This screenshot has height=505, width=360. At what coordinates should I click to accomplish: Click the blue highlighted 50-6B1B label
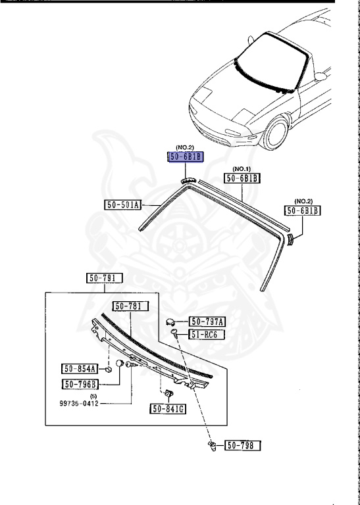coord(186,157)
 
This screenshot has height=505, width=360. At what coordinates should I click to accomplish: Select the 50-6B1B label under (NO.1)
coord(243,178)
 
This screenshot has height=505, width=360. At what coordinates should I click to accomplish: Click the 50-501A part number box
coord(123,205)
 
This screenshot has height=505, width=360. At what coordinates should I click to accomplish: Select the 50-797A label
coord(207,322)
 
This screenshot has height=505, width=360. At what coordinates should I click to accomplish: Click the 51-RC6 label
coord(207,335)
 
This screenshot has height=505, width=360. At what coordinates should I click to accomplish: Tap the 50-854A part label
coord(80,369)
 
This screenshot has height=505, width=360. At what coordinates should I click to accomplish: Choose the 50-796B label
coord(80,384)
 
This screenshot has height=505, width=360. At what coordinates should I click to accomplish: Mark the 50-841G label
coord(168,409)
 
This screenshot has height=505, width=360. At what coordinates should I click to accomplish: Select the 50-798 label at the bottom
coord(243,446)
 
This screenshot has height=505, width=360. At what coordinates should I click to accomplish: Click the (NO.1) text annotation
coord(243,168)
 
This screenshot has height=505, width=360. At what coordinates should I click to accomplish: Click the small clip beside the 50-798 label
coord(213,446)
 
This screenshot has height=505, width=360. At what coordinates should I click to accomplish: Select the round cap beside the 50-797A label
coord(172,322)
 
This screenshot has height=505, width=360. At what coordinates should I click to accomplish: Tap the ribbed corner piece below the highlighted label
coord(189,180)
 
